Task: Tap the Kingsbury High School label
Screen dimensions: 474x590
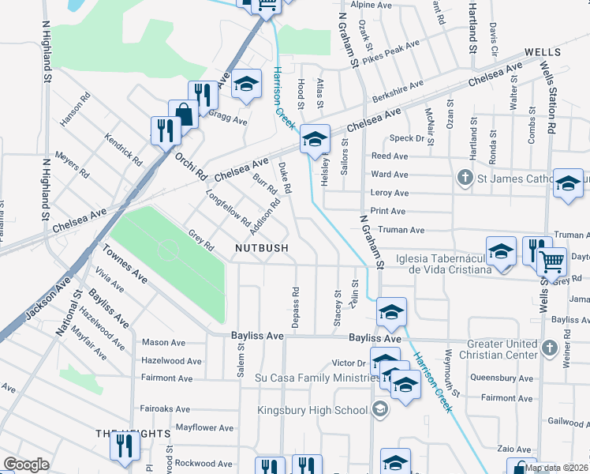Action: pyautogui.click(x=313, y=410)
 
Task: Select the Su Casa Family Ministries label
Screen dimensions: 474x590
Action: pyautogui.click(x=313, y=378)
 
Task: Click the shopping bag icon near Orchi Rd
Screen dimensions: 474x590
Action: pyautogui.click(x=184, y=115)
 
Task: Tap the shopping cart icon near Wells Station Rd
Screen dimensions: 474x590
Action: pyautogui.click(x=552, y=260)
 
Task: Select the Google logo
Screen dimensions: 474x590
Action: pyautogui.click(x=26, y=465)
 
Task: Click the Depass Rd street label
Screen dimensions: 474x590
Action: pyautogui.click(x=296, y=303)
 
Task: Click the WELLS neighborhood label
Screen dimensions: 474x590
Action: pyautogui.click(x=542, y=51)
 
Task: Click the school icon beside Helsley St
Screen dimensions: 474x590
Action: pyautogui.click(x=315, y=141)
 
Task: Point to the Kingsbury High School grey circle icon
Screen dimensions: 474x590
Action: pyautogui.click(x=380, y=409)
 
